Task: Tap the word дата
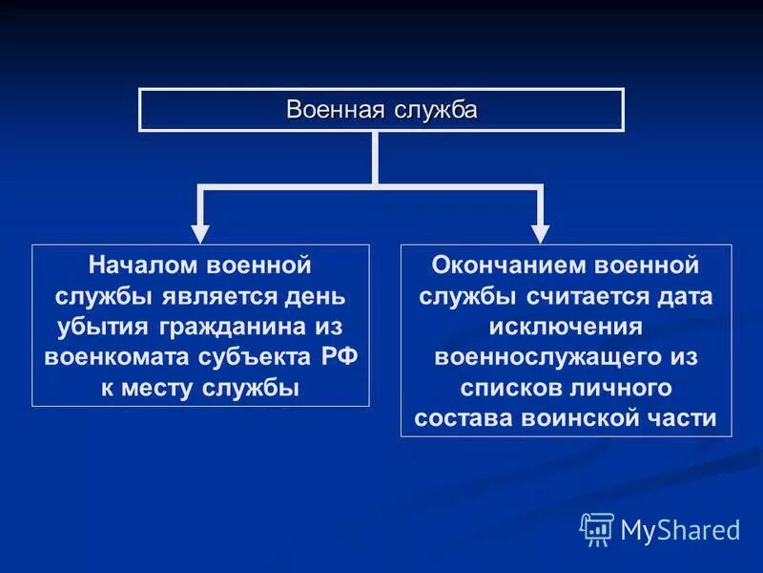tap(687, 295)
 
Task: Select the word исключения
tap(567, 327)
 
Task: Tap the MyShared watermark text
tap(679, 528)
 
